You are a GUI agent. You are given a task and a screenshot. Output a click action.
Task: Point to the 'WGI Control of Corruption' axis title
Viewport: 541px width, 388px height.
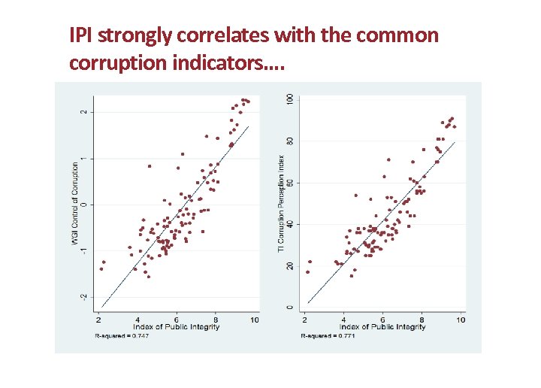pyautogui.click(x=75, y=205)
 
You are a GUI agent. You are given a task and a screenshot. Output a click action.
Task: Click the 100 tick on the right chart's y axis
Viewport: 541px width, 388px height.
pyautogui.click(x=290, y=100)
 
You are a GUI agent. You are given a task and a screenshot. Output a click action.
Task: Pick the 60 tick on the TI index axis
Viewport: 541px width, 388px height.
pyautogui.click(x=290, y=183)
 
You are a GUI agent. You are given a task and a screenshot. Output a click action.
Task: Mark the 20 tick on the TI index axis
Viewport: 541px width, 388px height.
pyautogui.click(x=290, y=266)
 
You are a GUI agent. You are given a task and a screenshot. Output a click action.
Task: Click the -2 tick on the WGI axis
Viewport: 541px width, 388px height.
pyautogui.click(x=84, y=297)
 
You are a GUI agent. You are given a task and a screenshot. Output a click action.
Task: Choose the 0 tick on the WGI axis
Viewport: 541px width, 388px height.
pyautogui.click(x=84, y=205)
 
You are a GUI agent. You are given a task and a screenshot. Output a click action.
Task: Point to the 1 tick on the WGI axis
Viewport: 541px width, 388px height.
pyautogui.click(x=84, y=158)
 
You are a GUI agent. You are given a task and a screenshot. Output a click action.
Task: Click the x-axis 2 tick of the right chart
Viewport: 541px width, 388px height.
pyautogui.click(x=304, y=320)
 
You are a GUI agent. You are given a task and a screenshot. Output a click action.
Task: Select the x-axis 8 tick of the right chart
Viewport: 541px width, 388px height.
pyautogui.click(x=422, y=320)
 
